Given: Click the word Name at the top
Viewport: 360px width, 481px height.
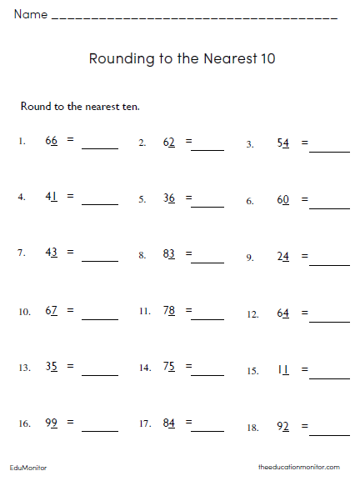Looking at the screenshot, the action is click(30, 15).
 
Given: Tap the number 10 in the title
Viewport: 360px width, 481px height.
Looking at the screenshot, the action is click(266, 59).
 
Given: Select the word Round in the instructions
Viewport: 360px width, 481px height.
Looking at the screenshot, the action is click(33, 106).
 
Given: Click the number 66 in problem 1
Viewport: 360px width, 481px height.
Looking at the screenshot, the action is click(52, 141).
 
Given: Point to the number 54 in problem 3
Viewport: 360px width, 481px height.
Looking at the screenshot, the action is click(282, 143).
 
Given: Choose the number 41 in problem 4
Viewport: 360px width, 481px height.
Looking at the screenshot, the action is click(52, 197).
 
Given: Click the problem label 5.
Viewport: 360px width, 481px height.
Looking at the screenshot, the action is click(142, 199).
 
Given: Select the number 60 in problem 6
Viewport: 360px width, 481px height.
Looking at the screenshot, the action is click(282, 201).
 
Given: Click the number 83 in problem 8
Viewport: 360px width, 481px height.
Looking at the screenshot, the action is click(169, 254).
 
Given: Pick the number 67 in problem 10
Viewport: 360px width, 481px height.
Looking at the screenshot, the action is click(52, 311).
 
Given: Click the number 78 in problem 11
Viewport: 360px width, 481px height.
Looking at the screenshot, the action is click(169, 311).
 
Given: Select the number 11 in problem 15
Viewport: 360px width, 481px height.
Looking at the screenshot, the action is click(282, 369).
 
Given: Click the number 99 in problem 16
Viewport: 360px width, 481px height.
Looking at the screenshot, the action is click(52, 423).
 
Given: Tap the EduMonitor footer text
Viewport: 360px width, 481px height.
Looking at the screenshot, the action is click(28, 468).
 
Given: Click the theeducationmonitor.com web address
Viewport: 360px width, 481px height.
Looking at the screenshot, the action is click(299, 468).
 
